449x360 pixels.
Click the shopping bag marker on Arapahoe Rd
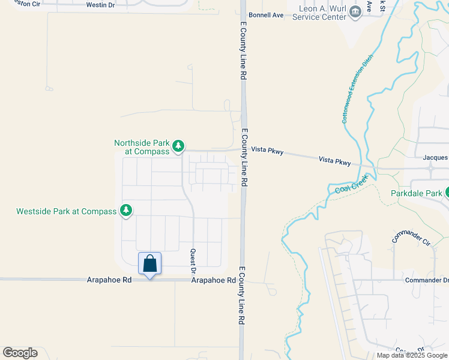(149, 263)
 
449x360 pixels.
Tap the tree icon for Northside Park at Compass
(178, 146)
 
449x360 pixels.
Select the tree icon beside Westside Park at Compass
(125, 211)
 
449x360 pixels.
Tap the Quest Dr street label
(193, 260)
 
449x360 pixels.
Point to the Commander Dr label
(426, 280)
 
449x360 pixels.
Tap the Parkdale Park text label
(416, 194)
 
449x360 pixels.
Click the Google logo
(20, 353)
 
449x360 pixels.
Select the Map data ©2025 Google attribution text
(412, 355)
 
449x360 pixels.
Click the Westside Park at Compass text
(66, 211)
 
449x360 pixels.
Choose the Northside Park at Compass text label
(142, 147)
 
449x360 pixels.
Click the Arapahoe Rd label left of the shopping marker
(109, 280)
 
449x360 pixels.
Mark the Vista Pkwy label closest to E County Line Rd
(267, 150)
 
